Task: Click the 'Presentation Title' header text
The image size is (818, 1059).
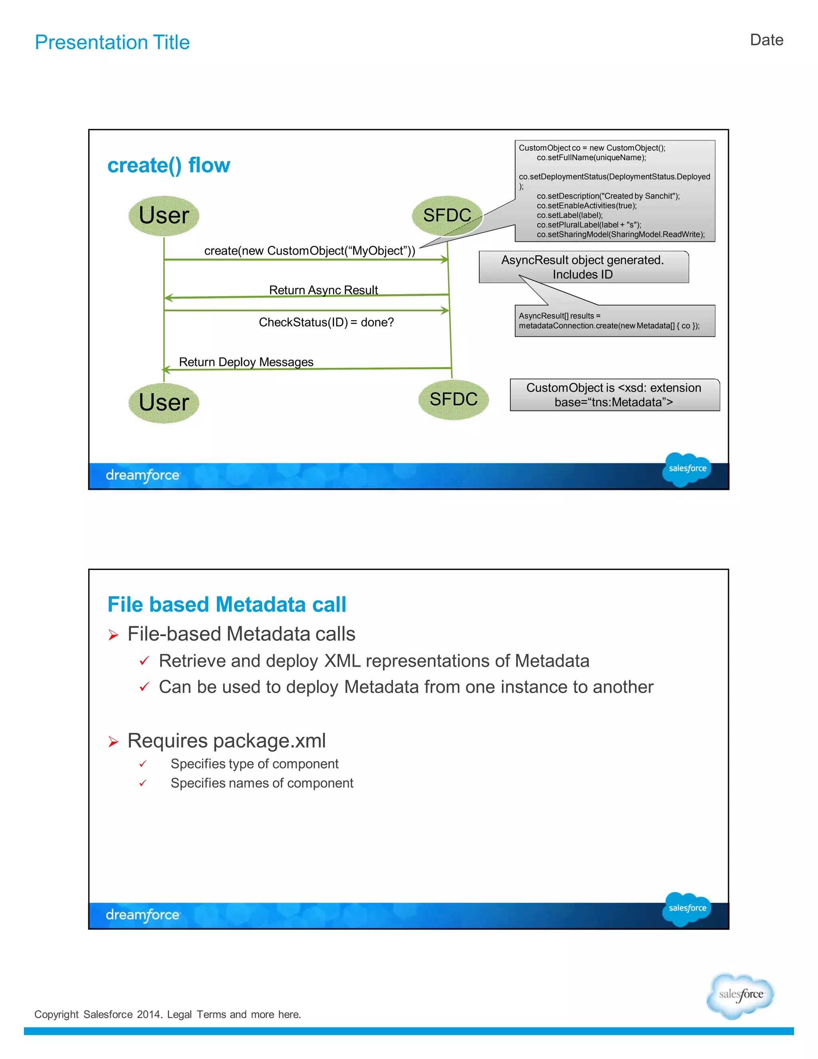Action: (x=112, y=43)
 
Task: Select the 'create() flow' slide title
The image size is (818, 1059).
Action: (x=168, y=165)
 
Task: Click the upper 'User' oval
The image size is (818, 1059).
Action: (x=164, y=216)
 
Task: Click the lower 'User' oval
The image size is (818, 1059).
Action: (x=164, y=402)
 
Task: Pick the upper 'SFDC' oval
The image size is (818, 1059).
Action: (x=447, y=215)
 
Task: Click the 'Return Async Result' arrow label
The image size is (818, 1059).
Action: (x=323, y=290)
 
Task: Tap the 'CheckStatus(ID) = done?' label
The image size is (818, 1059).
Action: (x=326, y=322)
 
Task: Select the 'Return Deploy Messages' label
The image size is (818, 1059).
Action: (x=246, y=362)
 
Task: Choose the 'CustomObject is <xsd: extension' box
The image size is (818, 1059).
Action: (x=614, y=395)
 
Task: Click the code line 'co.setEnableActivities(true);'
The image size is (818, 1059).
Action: (x=586, y=205)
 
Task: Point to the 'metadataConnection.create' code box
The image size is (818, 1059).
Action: (x=614, y=321)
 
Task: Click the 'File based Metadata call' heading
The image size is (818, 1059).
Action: (x=227, y=605)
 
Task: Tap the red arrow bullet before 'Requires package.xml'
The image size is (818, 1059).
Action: (x=113, y=741)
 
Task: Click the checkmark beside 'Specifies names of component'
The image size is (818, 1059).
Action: (x=143, y=783)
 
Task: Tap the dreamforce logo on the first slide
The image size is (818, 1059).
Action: (x=143, y=476)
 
